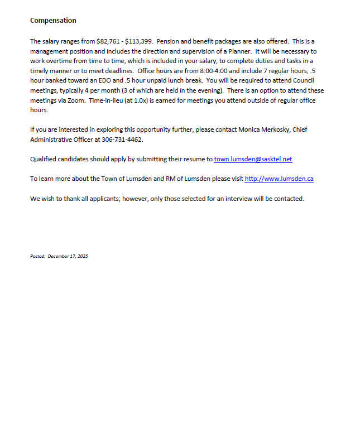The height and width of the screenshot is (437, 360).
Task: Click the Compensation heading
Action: (x=53, y=21)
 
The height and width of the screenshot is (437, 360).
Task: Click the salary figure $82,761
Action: (x=109, y=41)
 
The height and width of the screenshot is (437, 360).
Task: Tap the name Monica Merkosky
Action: (x=263, y=129)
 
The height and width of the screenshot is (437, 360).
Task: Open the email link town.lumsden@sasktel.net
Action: (x=253, y=159)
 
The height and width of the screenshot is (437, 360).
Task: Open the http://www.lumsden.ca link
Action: (x=279, y=179)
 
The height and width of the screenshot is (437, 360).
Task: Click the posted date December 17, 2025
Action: (x=68, y=257)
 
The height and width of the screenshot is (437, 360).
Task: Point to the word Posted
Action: (x=37, y=257)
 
